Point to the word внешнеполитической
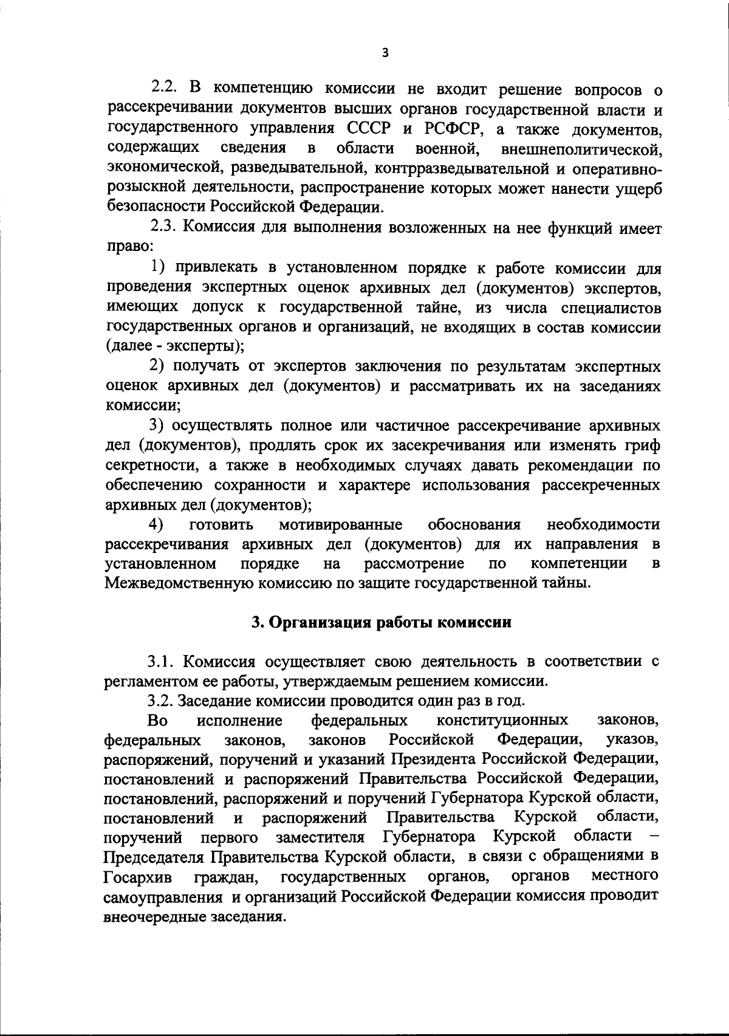(581, 149)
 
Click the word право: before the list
(129, 248)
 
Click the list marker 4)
(157, 524)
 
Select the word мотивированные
(341, 524)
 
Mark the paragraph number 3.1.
(160, 661)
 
